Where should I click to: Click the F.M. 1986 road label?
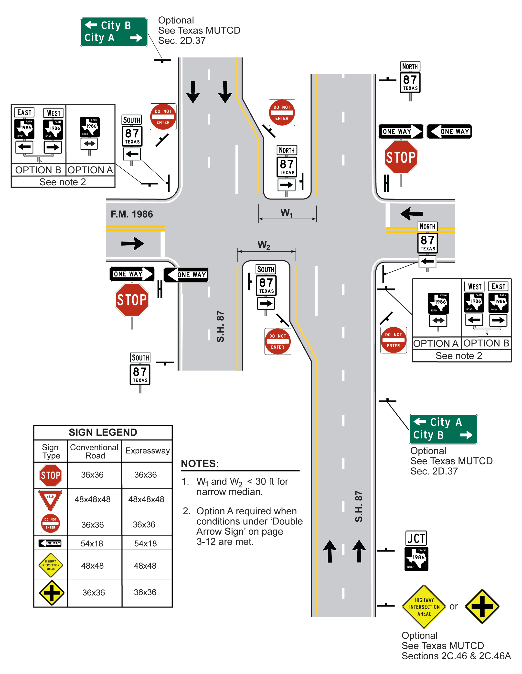click(132, 214)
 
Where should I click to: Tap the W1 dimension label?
click(287, 213)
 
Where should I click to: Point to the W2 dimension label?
click(264, 245)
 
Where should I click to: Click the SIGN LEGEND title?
click(103, 432)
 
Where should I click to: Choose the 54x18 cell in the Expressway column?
click(146, 543)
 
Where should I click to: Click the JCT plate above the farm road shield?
click(416, 539)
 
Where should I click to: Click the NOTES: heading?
click(200, 464)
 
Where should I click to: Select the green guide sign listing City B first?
click(114, 32)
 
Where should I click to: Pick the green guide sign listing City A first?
click(443, 429)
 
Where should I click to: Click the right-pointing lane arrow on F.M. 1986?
click(133, 243)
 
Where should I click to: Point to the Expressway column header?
click(147, 451)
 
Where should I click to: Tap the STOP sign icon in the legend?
click(51, 475)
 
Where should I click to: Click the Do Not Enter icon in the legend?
click(51, 523)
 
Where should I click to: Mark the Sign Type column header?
click(51, 452)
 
